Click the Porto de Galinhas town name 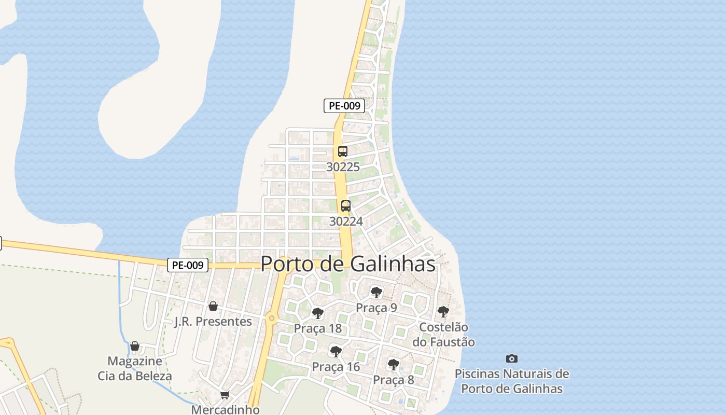(347, 264)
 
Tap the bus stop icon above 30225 (342, 151)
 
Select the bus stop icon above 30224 (346, 206)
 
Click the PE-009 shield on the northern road (344, 106)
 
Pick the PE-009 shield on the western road (188, 265)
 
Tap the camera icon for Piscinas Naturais (512, 358)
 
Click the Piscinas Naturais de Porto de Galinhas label (512, 381)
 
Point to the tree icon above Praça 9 (376, 293)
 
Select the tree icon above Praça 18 (318, 313)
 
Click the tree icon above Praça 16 (336, 352)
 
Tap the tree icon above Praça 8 (394, 365)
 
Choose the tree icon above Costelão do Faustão (443, 312)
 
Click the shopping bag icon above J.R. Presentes (213, 306)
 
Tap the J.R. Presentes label (213, 322)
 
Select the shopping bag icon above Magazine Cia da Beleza (135, 346)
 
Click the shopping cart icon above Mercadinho (225, 395)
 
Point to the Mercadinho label (225, 409)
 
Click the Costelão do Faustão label (443, 335)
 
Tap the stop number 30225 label (343, 167)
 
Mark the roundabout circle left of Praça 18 (271, 318)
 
